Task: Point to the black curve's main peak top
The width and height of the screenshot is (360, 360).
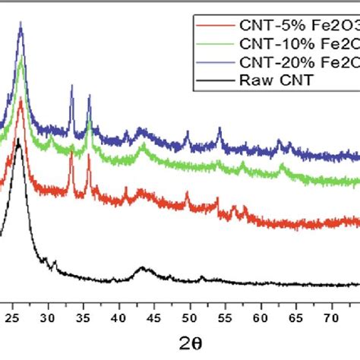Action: (19, 140)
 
